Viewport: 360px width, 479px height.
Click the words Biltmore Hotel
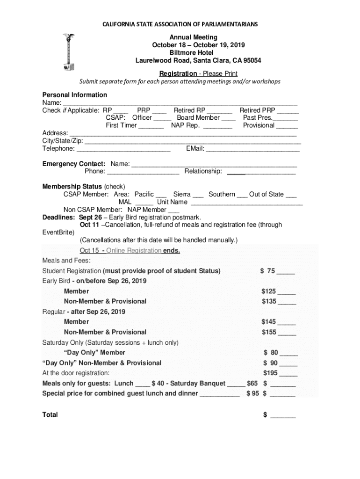pyautogui.click(x=198, y=53)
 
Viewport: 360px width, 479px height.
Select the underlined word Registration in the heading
pyautogui.click(x=178, y=73)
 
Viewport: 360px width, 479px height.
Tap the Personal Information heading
pyautogui.click(x=74, y=95)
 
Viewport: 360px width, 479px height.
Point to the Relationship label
pyautogui.click(x=203, y=171)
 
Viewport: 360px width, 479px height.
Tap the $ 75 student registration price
pyautogui.click(x=269, y=271)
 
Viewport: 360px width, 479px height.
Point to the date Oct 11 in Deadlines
pyautogui.click(x=89, y=225)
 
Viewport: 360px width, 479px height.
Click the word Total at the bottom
pyautogui.click(x=50, y=414)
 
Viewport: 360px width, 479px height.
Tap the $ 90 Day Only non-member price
pyautogui.click(x=271, y=363)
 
